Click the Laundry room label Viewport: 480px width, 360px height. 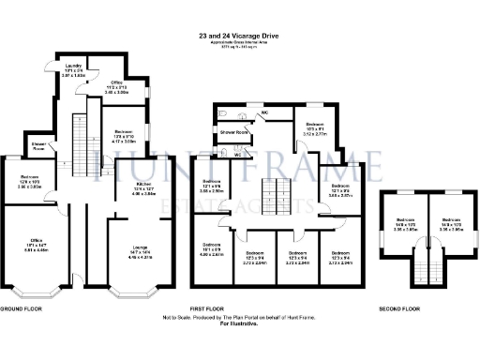point(75,70)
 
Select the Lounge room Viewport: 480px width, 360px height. point(139,250)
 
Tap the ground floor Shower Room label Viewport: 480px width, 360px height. point(38,146)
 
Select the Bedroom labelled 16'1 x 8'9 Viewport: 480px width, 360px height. point(212,248)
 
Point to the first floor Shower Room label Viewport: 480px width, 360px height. point(234,133)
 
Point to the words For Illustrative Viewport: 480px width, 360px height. point(239,323)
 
